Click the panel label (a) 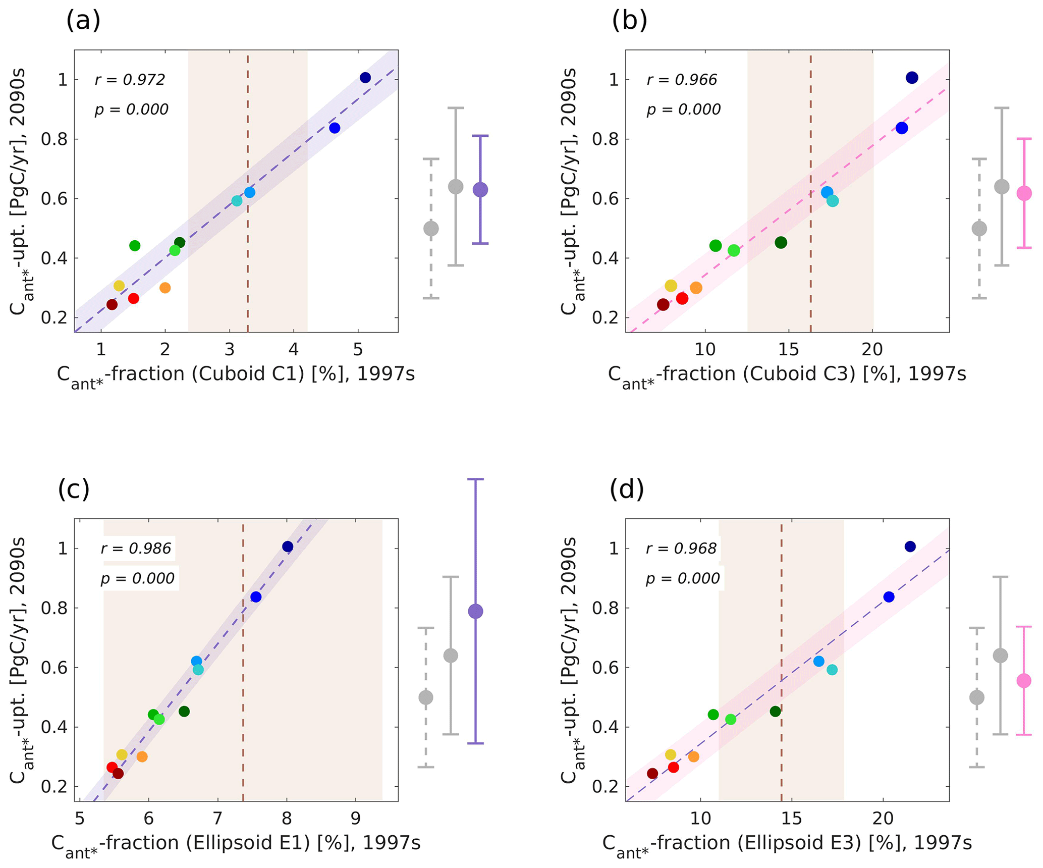click(83, 21)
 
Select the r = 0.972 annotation click(130, 80)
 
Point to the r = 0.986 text click(136, 549)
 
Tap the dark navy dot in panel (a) click(365, 78)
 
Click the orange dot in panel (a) click(165, 288)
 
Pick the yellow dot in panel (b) click(671, 286)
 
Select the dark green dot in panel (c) click(184, 712)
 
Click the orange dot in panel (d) click(694, 757)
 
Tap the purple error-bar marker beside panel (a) click(480, 190)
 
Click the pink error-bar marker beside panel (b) click(1024, 193)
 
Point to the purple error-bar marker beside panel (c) click(475, 612)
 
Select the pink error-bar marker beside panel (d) click(1024, 681)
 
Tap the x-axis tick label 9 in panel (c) click(356, 818)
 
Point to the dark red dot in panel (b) click(663, 305)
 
